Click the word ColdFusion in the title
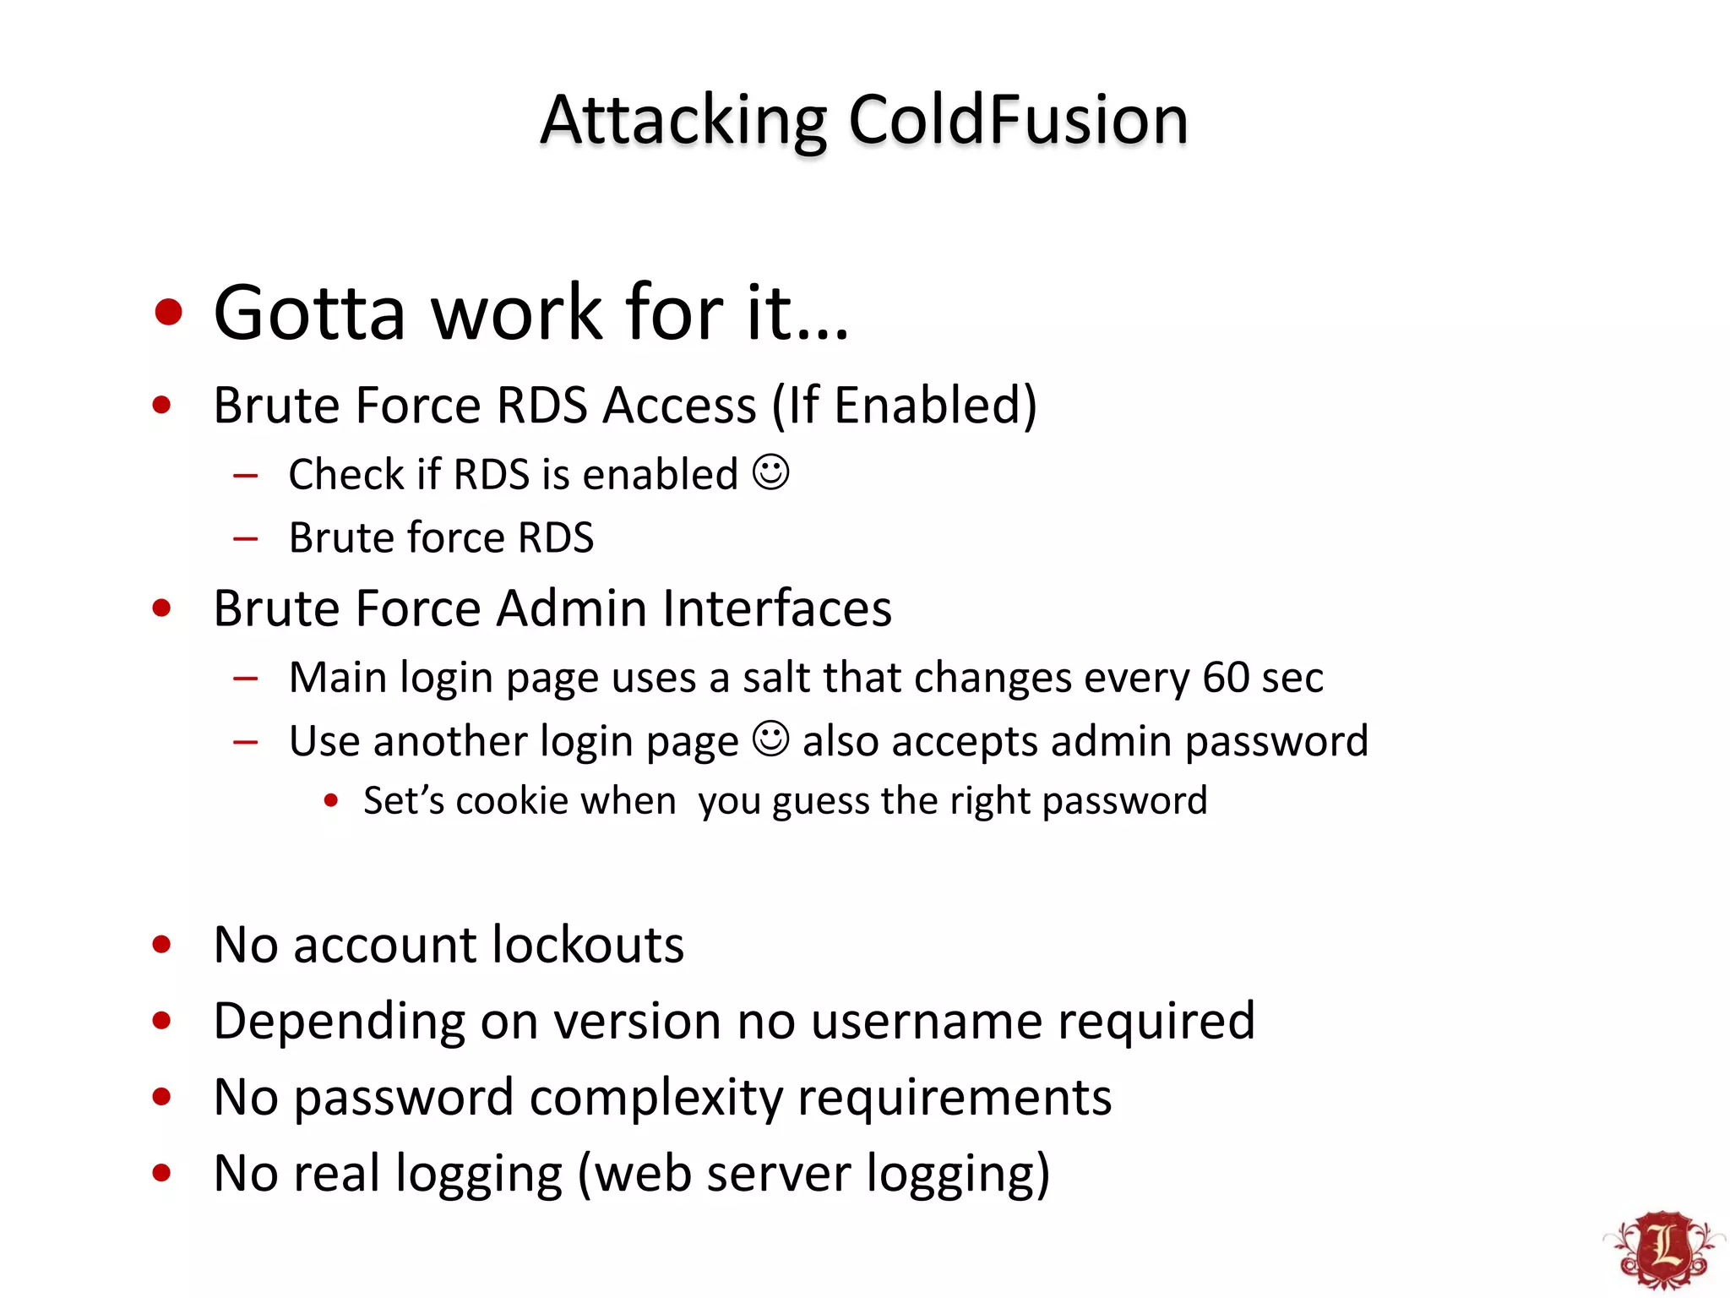1018,120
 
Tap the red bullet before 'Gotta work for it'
169,312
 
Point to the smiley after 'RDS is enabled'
770,472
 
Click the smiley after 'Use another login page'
770,739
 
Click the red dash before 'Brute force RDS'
246,538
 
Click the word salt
776,677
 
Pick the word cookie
512,800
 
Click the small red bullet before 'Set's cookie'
331,800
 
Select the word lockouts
588,944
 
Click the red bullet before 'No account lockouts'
162,944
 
